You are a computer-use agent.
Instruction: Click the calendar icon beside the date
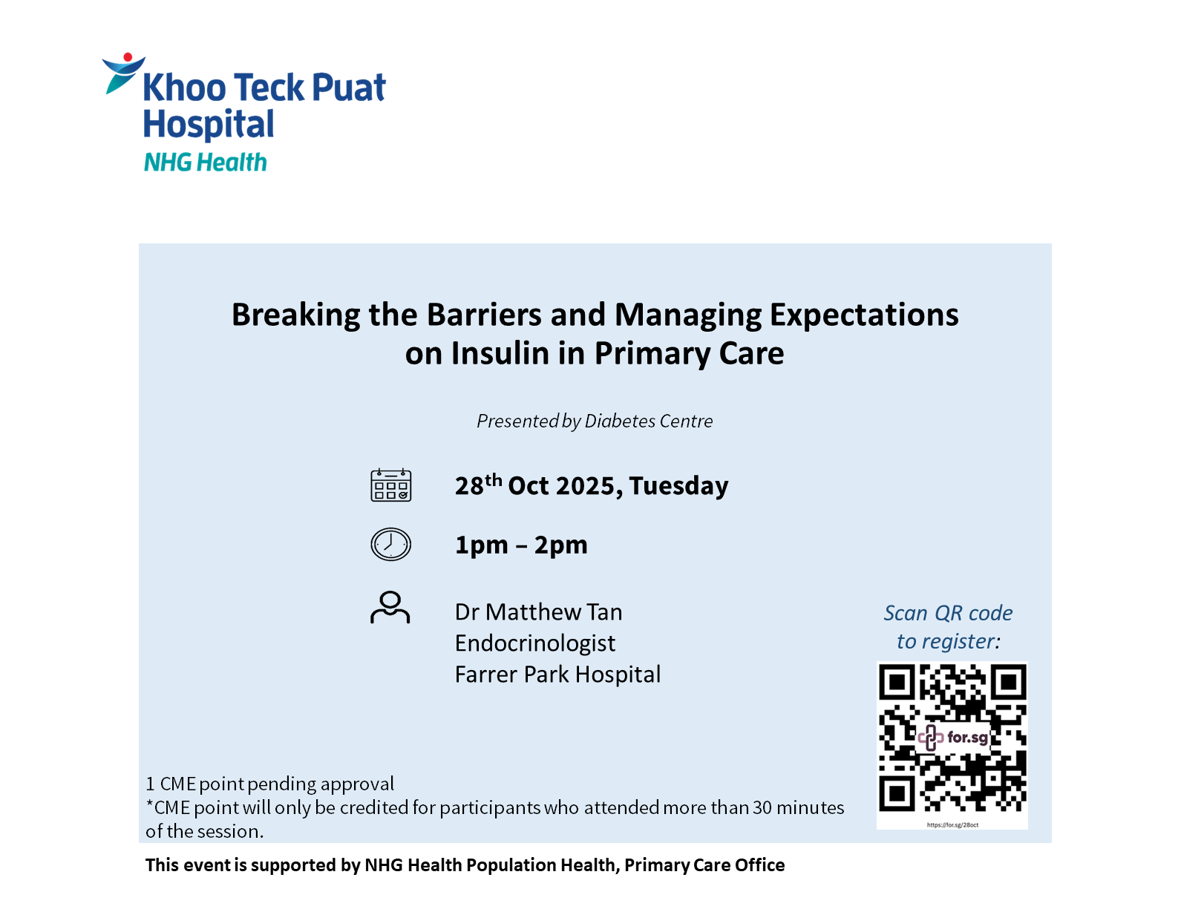[390, 485]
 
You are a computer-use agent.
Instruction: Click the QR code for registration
[952, 738]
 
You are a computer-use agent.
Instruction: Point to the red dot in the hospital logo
[128, 56]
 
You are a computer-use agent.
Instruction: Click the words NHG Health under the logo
[206, 163]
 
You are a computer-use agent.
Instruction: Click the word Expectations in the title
[864, 315]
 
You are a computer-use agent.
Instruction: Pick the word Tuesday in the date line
[678, 485]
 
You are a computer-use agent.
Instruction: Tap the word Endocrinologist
[534, 643]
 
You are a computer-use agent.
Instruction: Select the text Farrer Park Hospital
[557, 675]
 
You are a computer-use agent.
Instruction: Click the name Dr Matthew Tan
[538, 612]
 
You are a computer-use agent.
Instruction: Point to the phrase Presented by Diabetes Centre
[595, 421]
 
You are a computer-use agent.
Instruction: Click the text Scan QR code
[948, 613]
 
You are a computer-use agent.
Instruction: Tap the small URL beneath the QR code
[952, 824]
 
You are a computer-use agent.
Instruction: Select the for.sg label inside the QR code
[967, 737]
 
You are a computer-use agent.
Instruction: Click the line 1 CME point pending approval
[269, 784]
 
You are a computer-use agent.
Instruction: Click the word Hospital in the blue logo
[209, 125]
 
